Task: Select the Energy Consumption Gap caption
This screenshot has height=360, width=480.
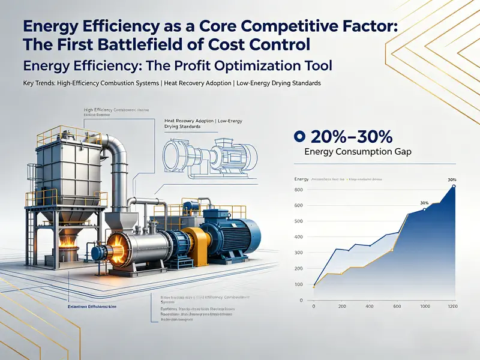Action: (358, 152)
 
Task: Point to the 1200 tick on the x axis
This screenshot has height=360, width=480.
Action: (453, 307)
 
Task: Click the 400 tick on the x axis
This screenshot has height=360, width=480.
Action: (370, 307)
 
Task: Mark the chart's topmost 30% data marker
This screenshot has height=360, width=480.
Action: (454, 187)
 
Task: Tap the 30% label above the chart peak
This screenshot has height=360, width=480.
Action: (452, 179)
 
